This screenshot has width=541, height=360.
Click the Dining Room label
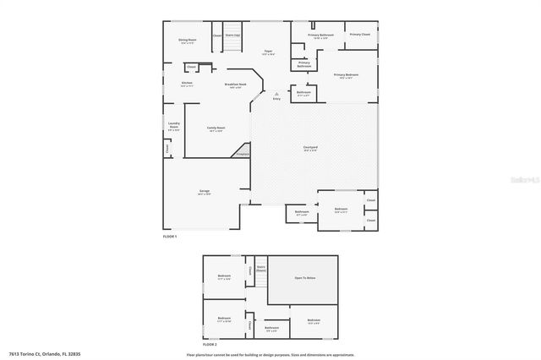click(x=188, y=41)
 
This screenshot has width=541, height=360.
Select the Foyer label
click(x=268, y=52)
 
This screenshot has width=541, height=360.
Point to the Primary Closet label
click(x=359, y=35)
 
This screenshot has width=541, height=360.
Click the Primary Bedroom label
click(x=346, y=75)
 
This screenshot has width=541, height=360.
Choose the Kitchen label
click(x=187, y=83)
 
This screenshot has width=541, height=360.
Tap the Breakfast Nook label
click(x=235, y=85)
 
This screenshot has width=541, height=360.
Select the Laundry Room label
click(x=173, y=127)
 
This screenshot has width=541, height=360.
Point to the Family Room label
click(x=216, y=128)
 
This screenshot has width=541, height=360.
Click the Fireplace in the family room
click(x=242, y=155)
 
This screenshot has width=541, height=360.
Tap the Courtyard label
click(x=310, y=148)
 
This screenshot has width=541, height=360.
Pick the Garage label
click(x=205, y=192)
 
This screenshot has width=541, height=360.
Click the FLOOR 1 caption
click(x=170, y=237)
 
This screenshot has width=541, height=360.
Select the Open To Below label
click(x=304, y=277)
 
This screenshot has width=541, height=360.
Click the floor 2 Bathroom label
click(x=271, y=328)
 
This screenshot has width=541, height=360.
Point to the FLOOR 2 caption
click(x=209, y=346)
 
